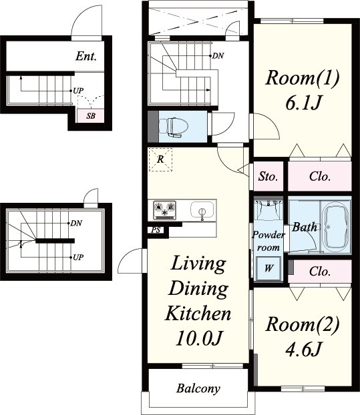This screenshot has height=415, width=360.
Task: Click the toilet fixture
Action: [174, 127]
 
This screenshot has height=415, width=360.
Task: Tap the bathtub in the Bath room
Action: [335, 227]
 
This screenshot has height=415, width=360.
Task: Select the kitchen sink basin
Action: [202, 209]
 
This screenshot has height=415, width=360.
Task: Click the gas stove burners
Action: [165, 210]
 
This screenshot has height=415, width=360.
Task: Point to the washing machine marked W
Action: [268, 268]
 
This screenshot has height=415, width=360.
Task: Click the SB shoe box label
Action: [91, 116]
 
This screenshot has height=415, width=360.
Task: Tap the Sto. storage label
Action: [268, 176]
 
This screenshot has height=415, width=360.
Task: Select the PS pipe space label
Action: [156, 230]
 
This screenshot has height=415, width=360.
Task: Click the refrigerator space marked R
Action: [160, 159]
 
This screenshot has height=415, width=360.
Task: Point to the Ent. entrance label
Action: [86, 56]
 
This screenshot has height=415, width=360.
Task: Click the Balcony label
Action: [198, 388]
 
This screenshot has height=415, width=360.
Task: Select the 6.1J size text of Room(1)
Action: [303, 103]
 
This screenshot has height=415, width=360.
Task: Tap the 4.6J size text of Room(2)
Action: [303, 349]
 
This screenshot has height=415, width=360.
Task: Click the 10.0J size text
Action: [198, 338]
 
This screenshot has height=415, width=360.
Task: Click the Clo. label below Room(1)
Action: [320, 176]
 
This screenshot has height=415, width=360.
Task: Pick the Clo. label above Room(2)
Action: [320, 272]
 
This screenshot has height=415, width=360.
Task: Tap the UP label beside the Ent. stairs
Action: [78, 91]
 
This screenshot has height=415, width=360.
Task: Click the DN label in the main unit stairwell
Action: [218, 56]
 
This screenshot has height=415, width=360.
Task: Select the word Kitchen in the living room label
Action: [198, 314]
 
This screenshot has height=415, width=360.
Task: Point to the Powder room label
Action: [268, 241]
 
